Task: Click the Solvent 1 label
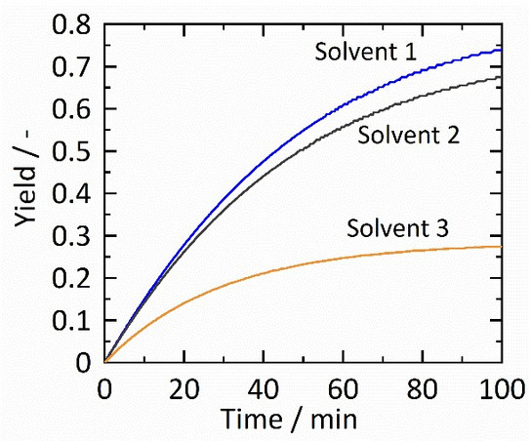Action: [x=366, y=52]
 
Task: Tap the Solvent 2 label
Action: [x=409, y=135]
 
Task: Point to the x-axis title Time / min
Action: [x=302, y=419]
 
